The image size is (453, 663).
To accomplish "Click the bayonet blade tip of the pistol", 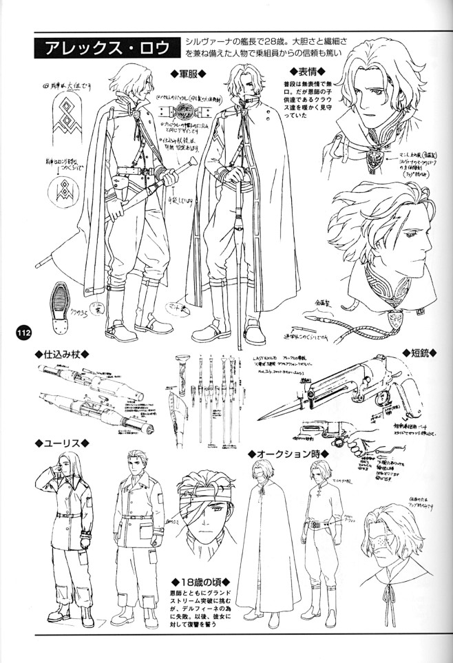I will [x=261, y=418].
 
